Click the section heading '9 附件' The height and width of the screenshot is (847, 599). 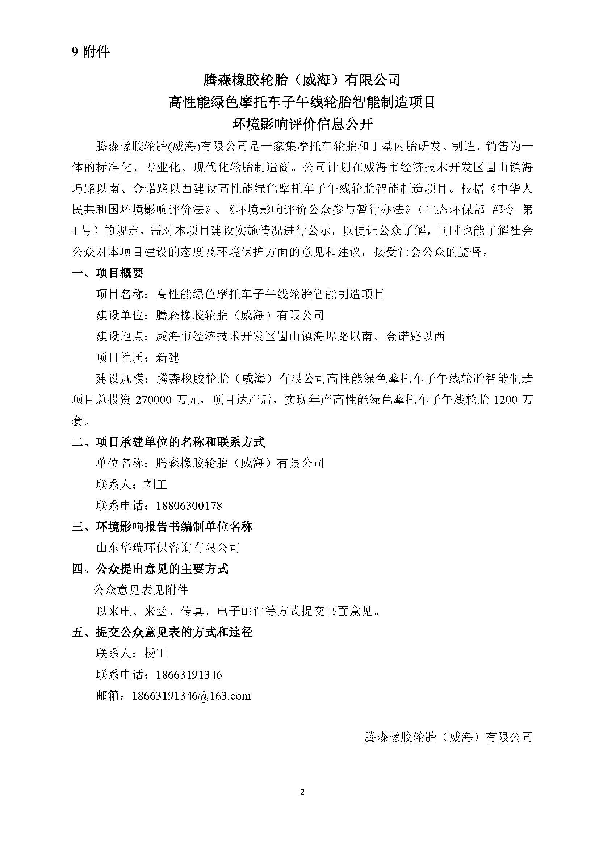(91, 52)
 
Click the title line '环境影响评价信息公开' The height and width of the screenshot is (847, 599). (302, 125)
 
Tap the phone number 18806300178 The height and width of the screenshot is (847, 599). (189, 505)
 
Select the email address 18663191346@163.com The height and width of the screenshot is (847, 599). (191, 696)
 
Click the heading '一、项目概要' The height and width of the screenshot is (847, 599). (107, 273)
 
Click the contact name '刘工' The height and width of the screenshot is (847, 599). (156, 484)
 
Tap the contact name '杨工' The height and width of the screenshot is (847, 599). (156, 653)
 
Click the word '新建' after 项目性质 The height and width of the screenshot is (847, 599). (168, 357)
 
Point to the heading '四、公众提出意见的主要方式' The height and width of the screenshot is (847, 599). (150, 569)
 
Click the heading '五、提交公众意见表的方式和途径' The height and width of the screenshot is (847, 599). (162, 632)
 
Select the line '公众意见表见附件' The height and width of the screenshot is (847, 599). (141, 590)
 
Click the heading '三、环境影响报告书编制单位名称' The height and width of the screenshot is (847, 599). (162, 527)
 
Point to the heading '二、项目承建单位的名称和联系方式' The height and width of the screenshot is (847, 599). (168, 442)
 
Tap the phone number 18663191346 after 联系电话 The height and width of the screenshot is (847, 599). (189, 675)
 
